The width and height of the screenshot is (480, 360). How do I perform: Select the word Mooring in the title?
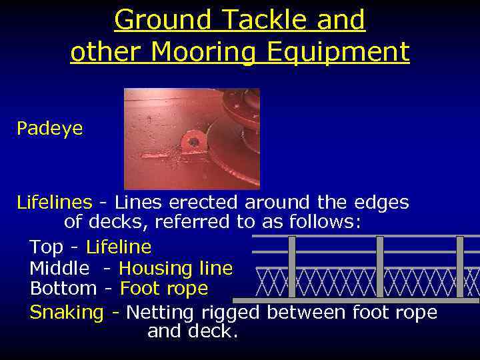203,53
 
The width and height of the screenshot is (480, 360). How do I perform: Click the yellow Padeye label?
50,129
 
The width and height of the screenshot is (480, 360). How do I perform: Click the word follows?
326,222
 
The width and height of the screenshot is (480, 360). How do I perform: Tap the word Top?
47,247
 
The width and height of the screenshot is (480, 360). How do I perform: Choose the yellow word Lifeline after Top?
119,247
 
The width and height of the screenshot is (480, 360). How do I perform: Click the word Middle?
59,269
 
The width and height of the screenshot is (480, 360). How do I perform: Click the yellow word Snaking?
67,312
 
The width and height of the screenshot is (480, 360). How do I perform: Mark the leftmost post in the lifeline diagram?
291,267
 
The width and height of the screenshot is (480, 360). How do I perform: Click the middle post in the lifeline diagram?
380,267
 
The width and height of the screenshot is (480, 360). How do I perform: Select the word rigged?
235,312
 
